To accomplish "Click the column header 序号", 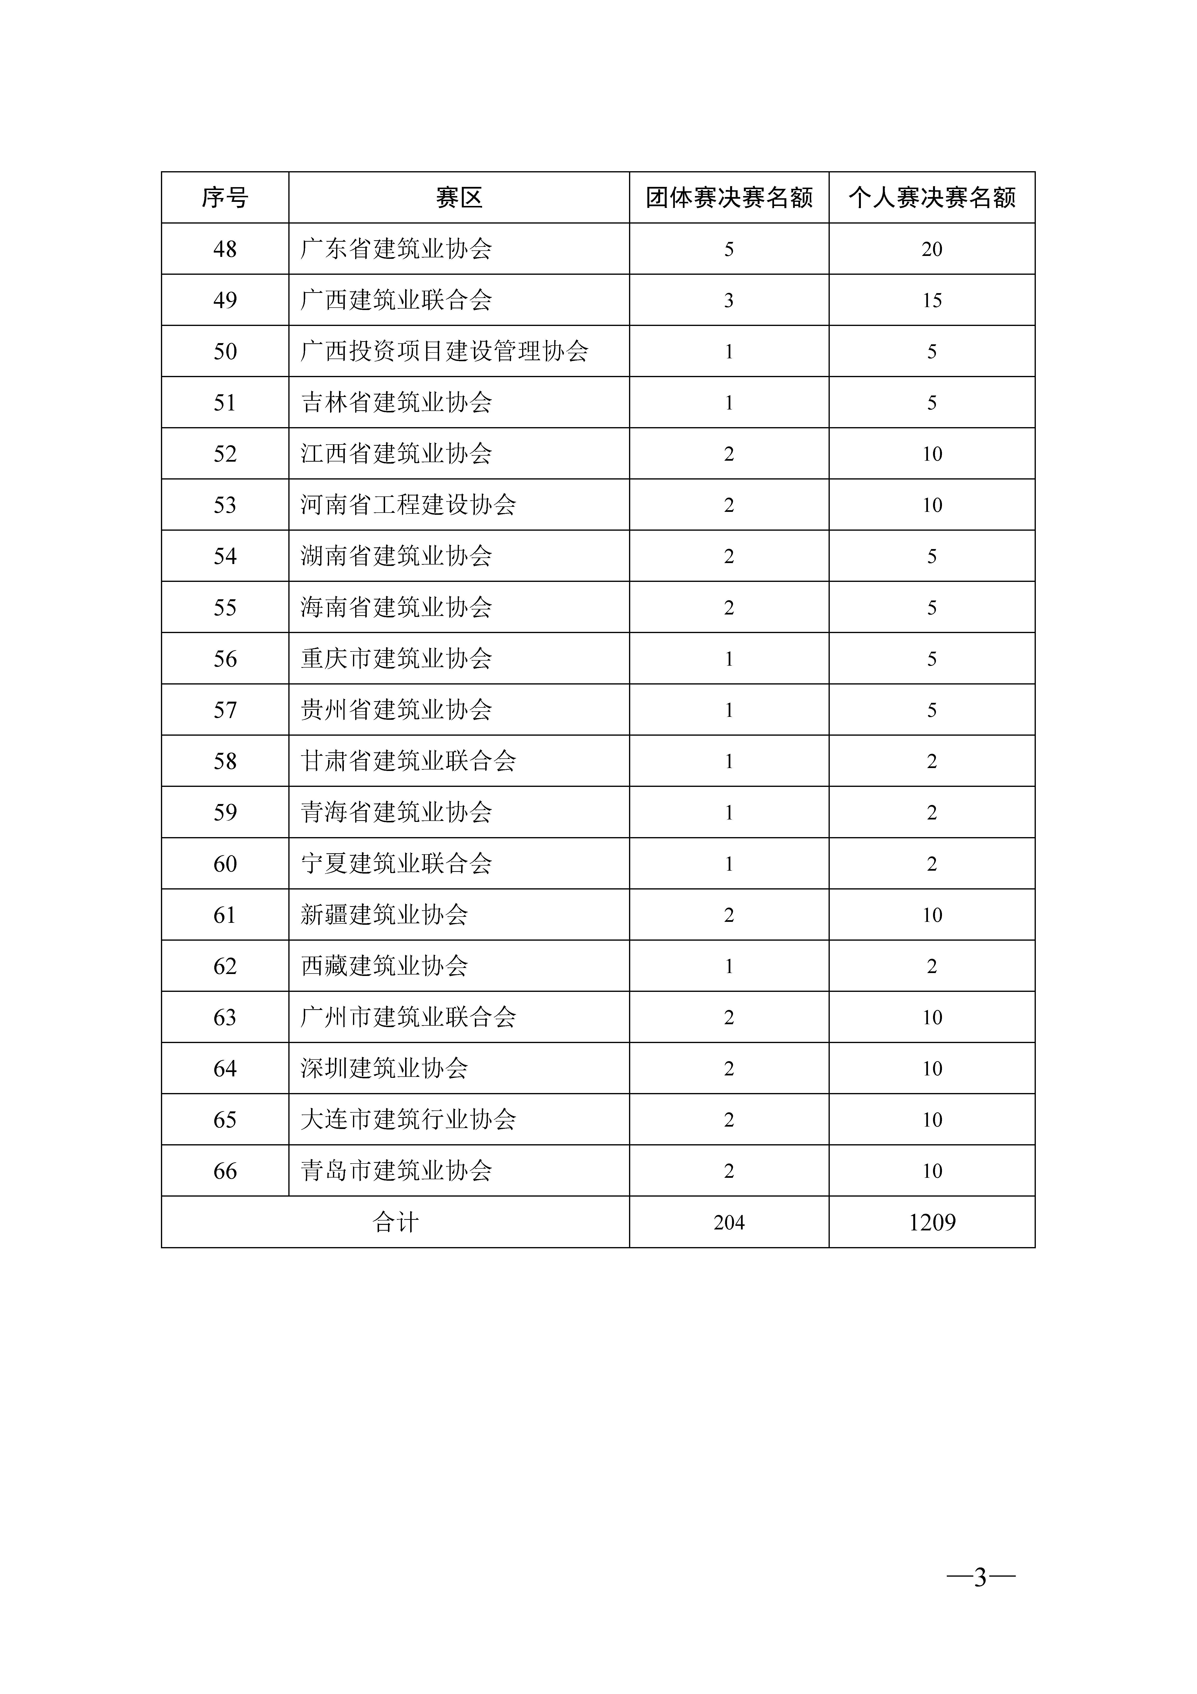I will tap(225, 198).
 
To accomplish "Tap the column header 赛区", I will tap(459, 198).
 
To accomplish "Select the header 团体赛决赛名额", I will tap(729, 198).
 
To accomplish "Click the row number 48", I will tap(225, 249).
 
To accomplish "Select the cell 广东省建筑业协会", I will tap(396, 249).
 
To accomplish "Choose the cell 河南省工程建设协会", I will tap(408, 505).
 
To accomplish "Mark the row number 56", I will tap(225, 659).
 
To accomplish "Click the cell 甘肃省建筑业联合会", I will tap(408, 762).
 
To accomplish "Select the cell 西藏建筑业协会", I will tap(384, 967).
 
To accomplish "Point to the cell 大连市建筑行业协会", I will tap(408, 1120).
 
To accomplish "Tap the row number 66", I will tap(225, 1171).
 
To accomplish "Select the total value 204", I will tap(729, 1222).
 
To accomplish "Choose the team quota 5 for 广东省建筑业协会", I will tap(729, 249).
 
